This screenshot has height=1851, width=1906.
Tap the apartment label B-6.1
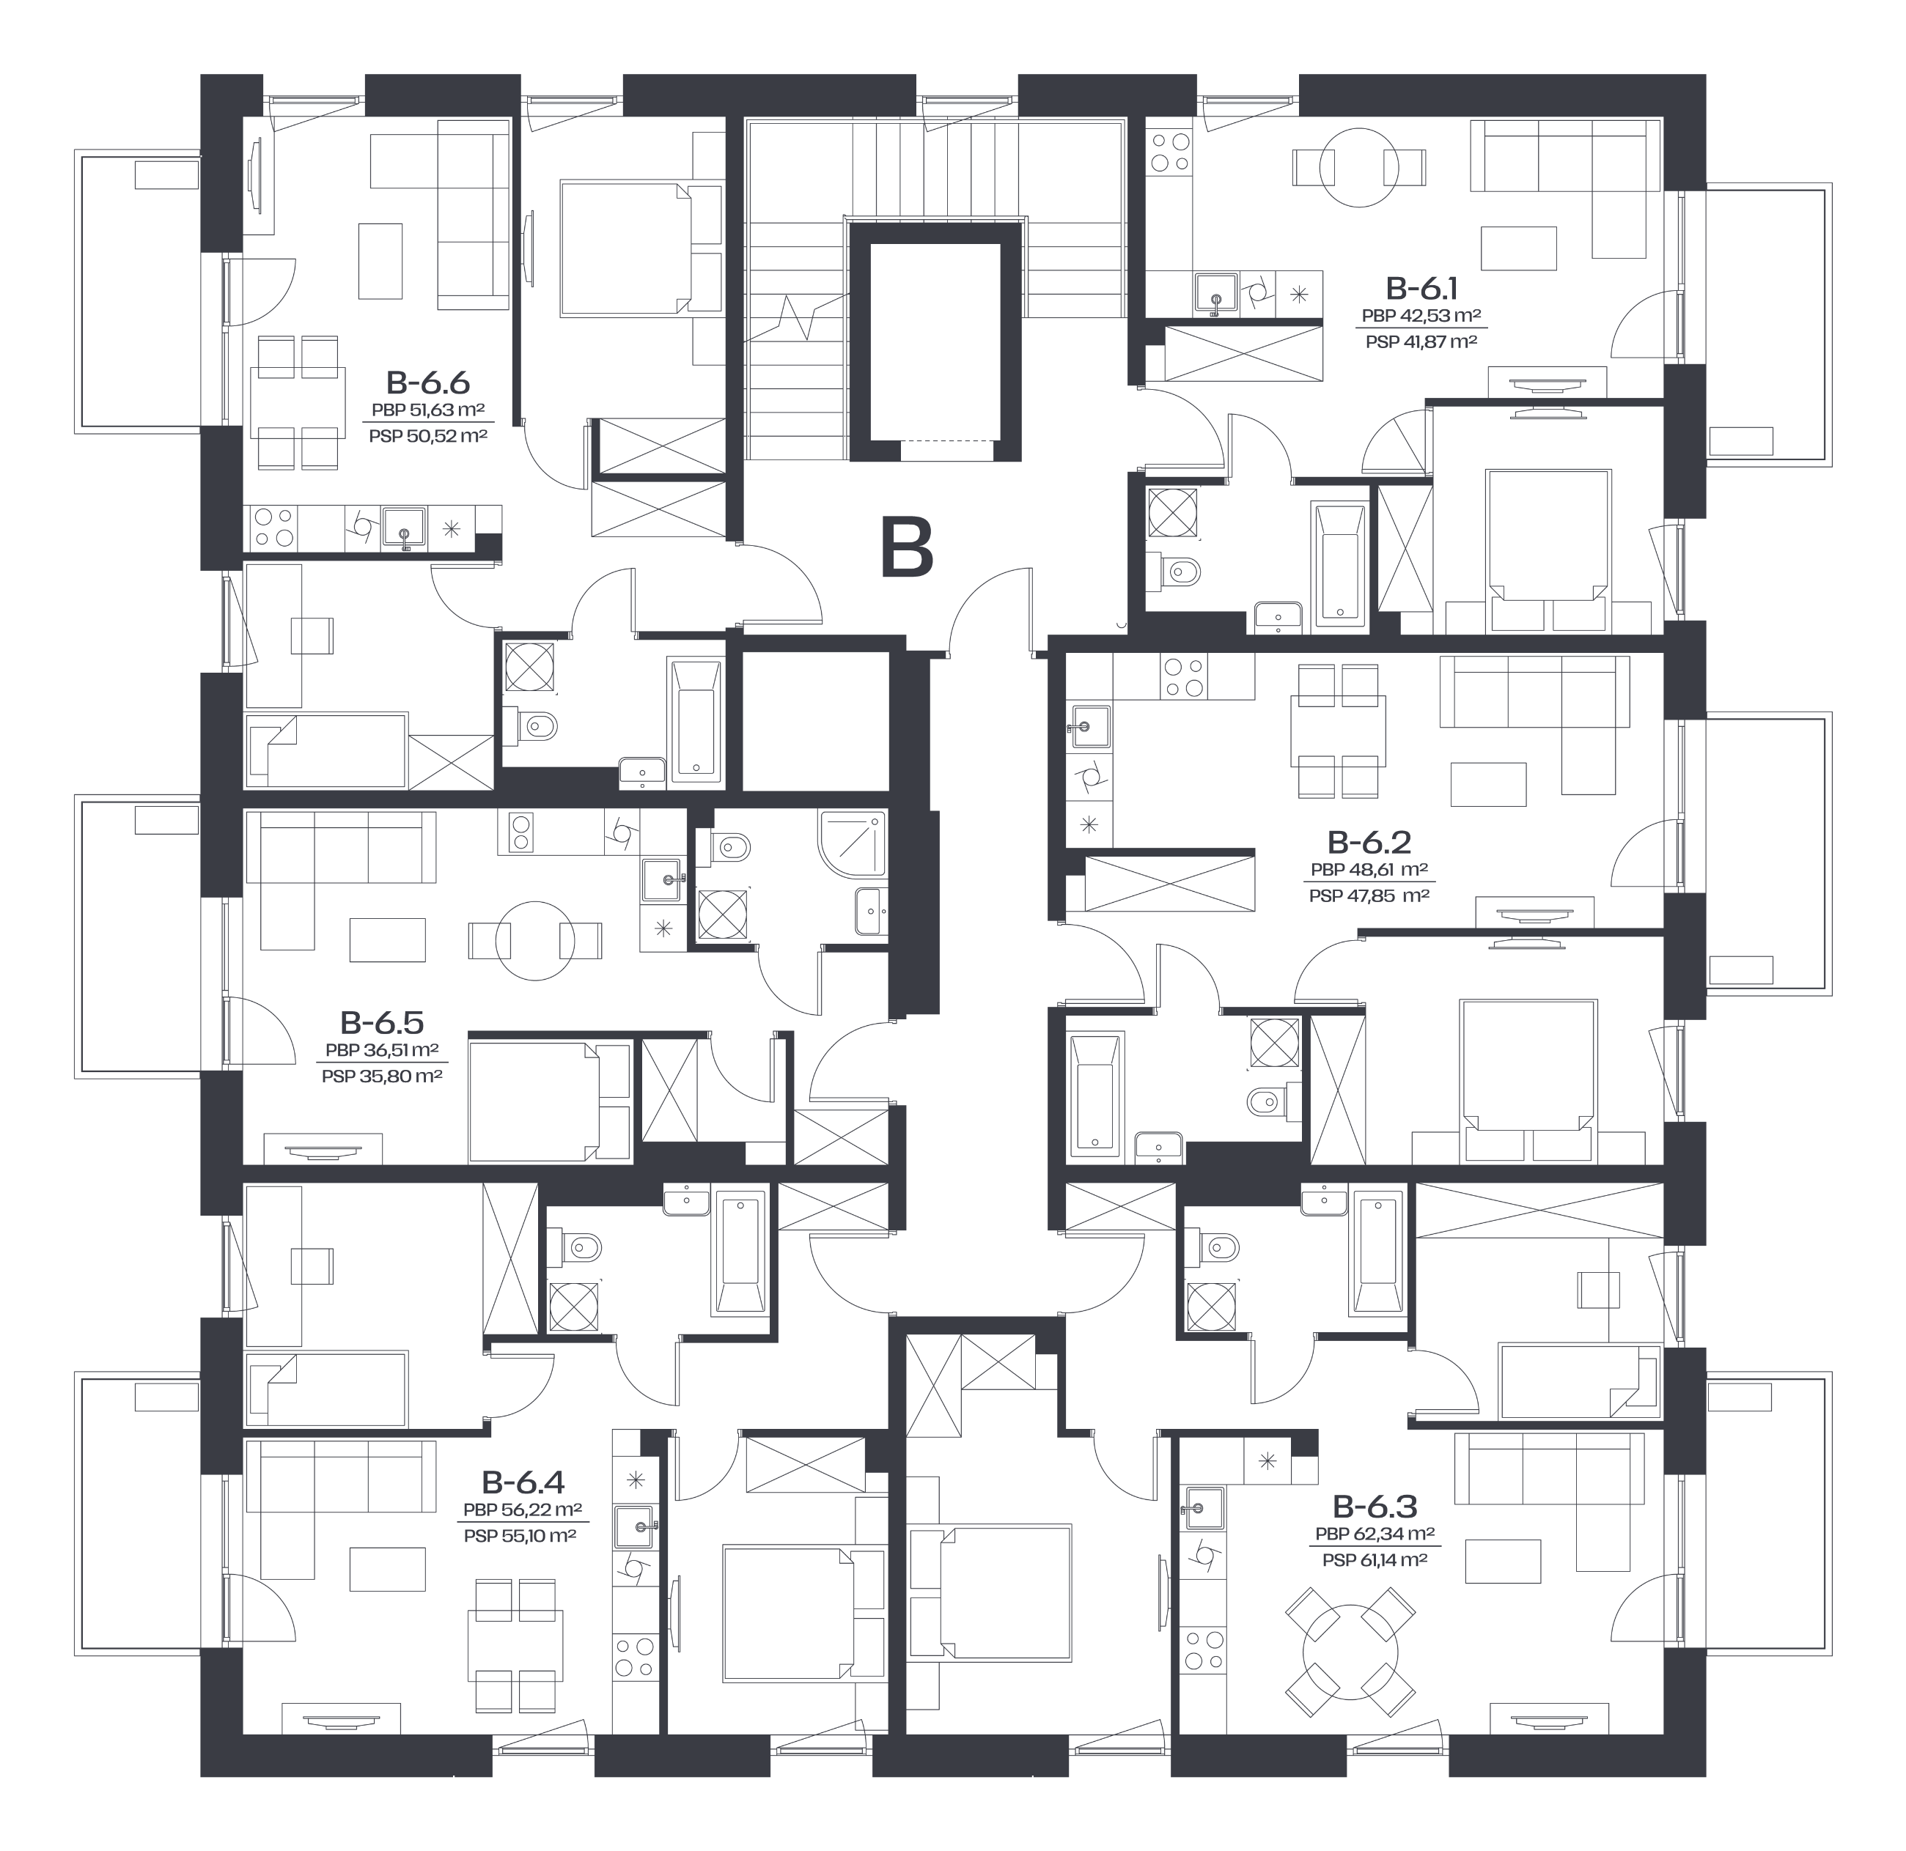click(x=1421, y=289)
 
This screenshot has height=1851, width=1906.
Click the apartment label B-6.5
click(x=381, y=1023)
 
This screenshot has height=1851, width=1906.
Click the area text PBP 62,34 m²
click(x=1375, y=1535)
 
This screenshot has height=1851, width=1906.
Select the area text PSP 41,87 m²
click(x=1421, y=341)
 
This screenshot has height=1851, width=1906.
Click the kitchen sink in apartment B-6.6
click(x=404, y=528)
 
